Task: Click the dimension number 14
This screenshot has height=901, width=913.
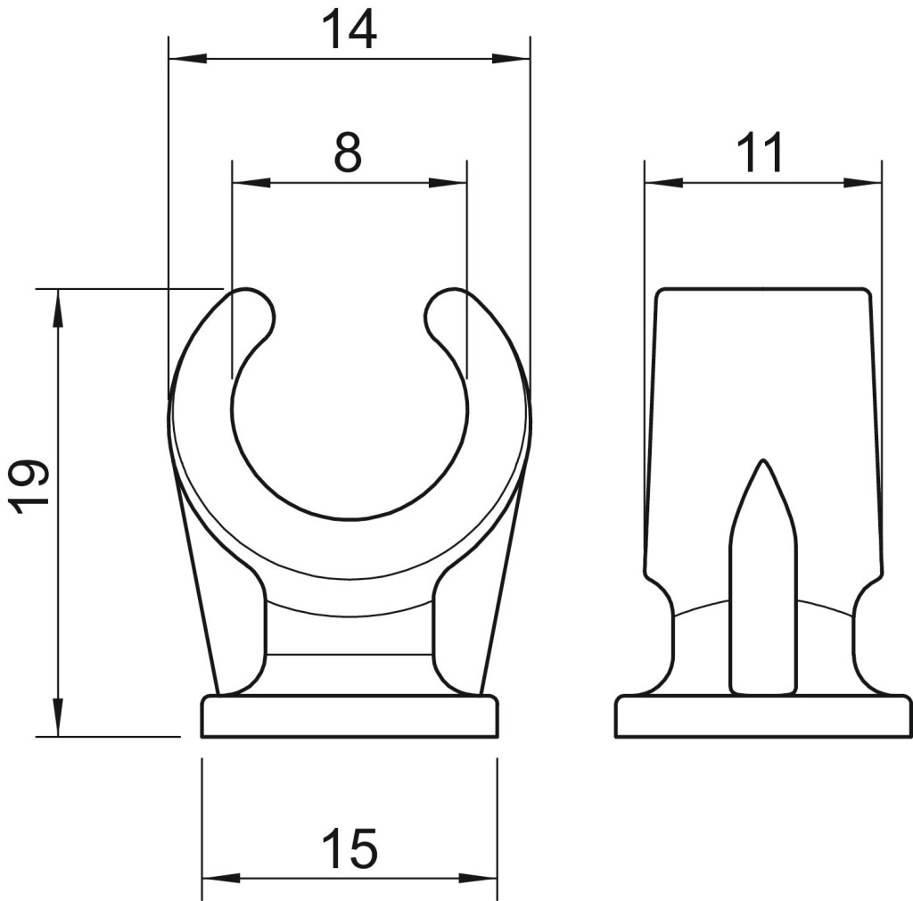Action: click(x=349, y=29)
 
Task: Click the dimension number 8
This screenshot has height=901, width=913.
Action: click(x=349, y=153)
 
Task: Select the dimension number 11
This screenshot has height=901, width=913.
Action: click(x=760, y=153)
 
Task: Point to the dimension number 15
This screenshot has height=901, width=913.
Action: click(x=350, y=848)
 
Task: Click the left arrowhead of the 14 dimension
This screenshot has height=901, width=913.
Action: click(x=187, y=58)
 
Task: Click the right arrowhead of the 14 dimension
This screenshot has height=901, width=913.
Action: click(x=511, y=58)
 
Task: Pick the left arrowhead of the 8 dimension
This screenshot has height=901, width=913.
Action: click(x=251, y=182)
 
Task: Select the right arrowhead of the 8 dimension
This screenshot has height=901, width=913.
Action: click(x=448, y=182)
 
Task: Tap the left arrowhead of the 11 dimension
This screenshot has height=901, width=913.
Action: click(x=663, y=183)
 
